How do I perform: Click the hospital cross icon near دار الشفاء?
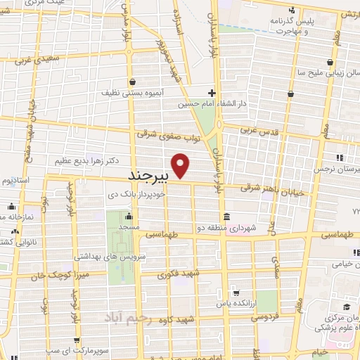(x=212, y=92)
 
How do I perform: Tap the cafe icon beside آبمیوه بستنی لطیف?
(x=134, y=82)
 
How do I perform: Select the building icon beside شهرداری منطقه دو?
(x=225, y=216)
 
